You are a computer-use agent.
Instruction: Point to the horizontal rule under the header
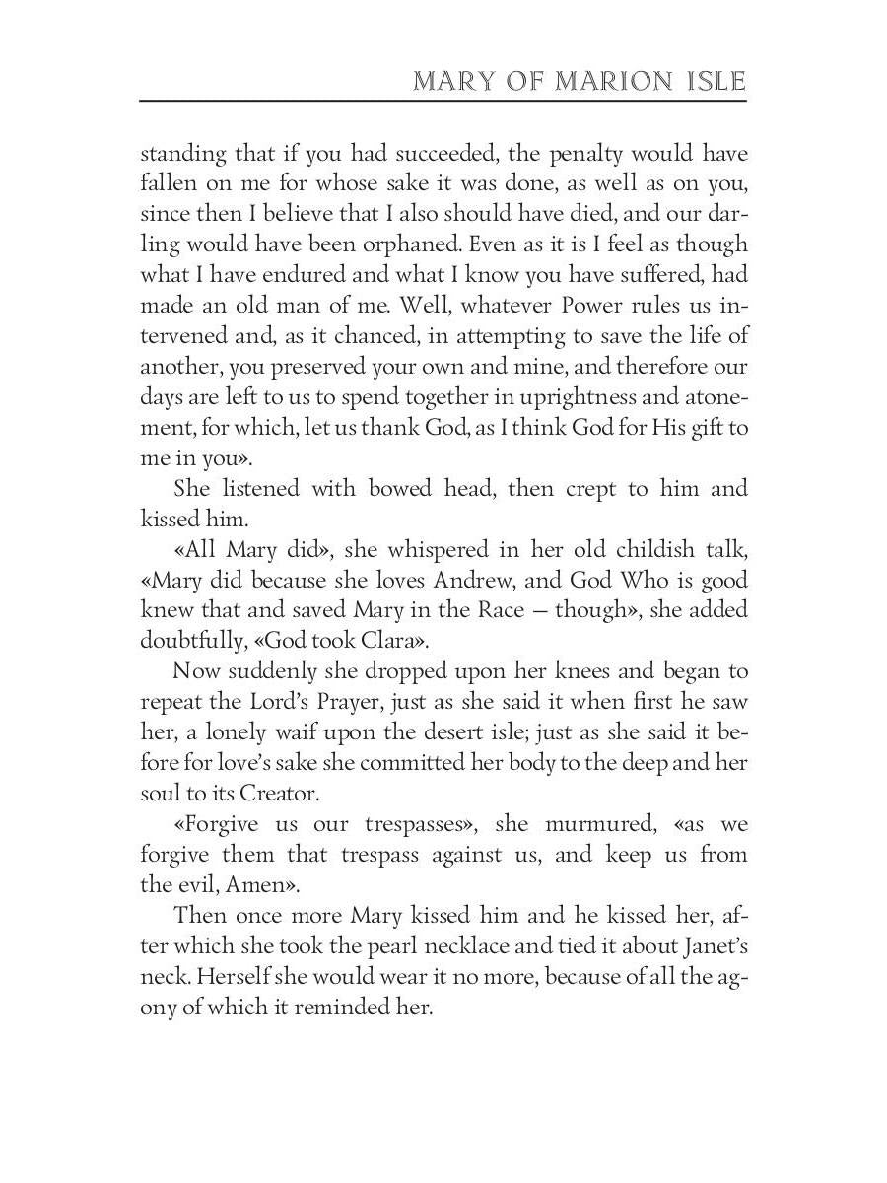coord(443,101)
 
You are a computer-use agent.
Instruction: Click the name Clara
coord(389,641)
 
